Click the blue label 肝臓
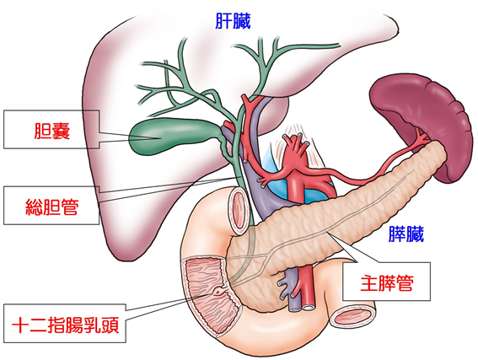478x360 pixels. [233, 21]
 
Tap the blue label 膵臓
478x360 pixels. [406, 234]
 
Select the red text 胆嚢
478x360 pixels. [51, 131]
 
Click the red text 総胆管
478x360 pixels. [51, 207]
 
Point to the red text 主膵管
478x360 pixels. [387, 283]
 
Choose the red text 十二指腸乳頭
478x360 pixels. [65, 325]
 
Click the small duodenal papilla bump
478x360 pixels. [218, 292]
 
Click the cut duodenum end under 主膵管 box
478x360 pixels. [352, 316]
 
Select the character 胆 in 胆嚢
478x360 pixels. [43, 131]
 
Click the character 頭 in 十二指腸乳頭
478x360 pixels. [110, 325]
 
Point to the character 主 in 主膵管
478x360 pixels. [368, 283]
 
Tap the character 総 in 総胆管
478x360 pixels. [34, 207]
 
